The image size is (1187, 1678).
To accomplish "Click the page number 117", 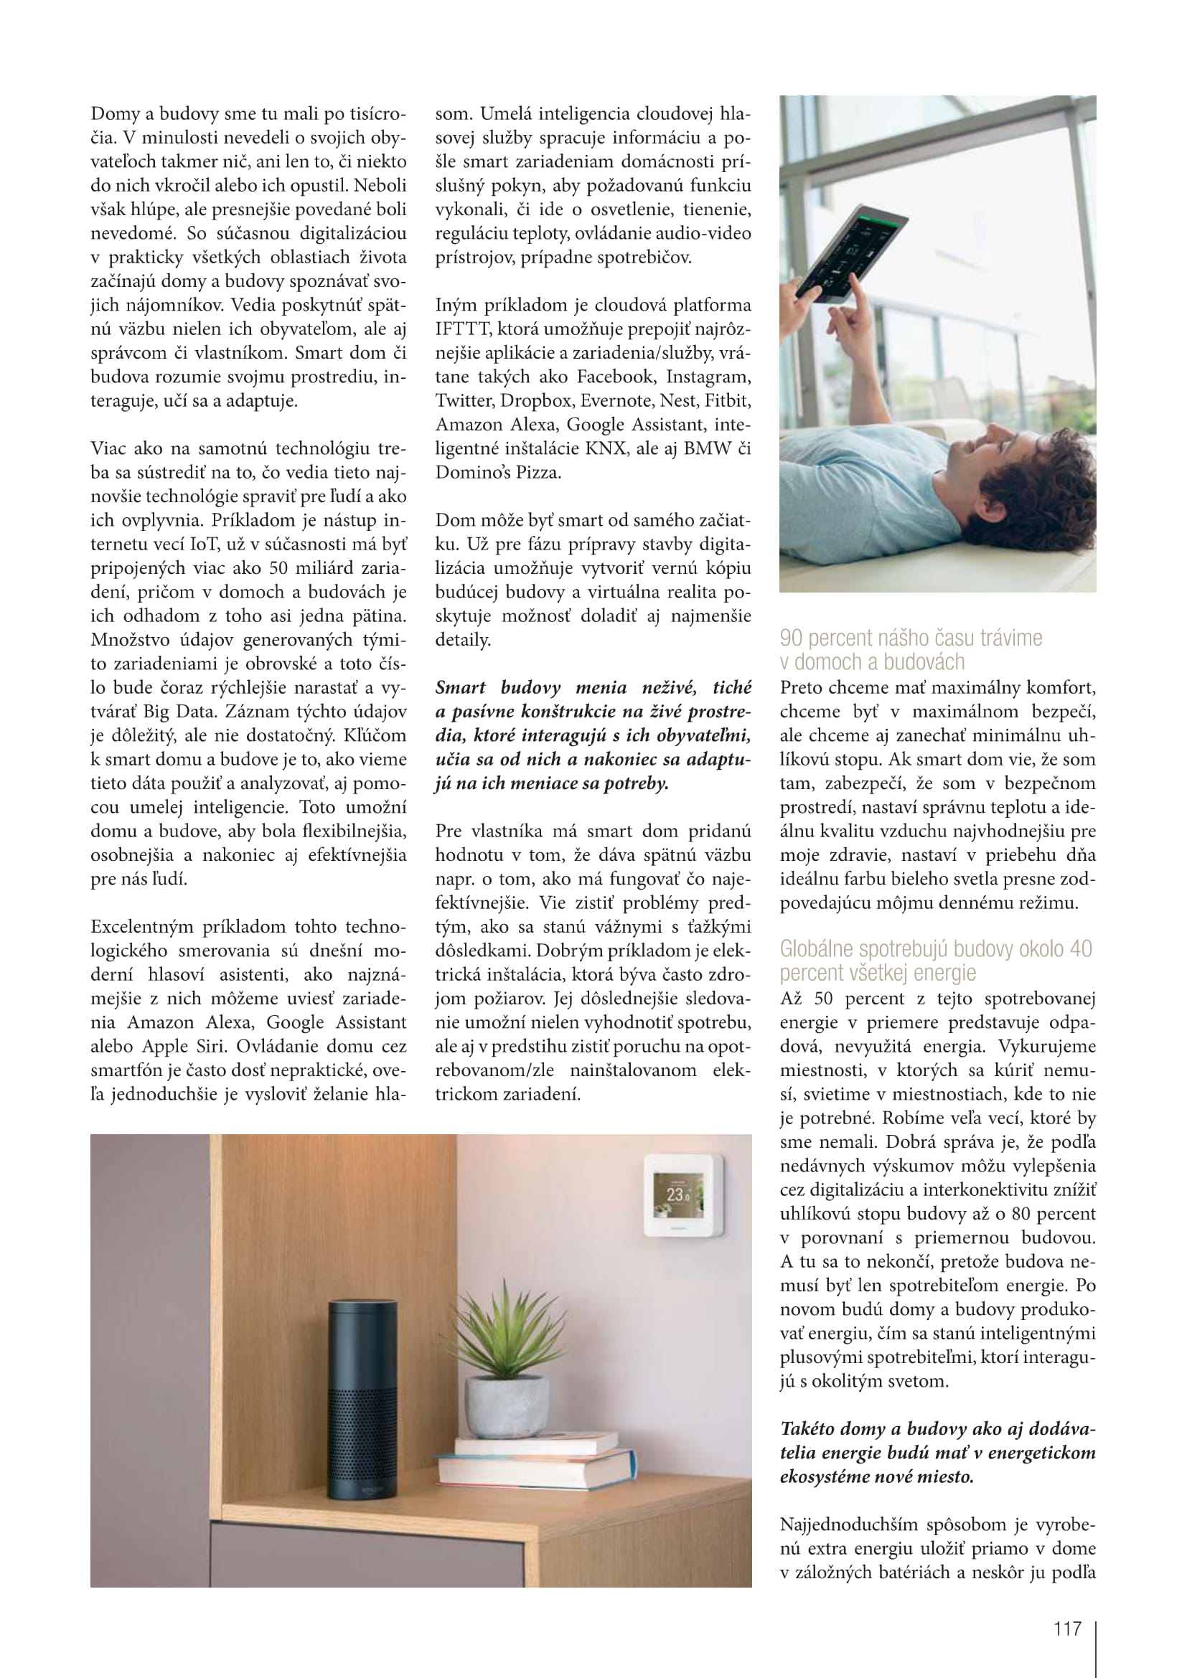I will (1067, 1628).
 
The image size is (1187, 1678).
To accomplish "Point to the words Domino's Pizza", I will (499, 472).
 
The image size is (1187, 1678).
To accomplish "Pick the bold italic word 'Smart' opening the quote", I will (461, 688).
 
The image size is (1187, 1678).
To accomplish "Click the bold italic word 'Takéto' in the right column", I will (810, 1429).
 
